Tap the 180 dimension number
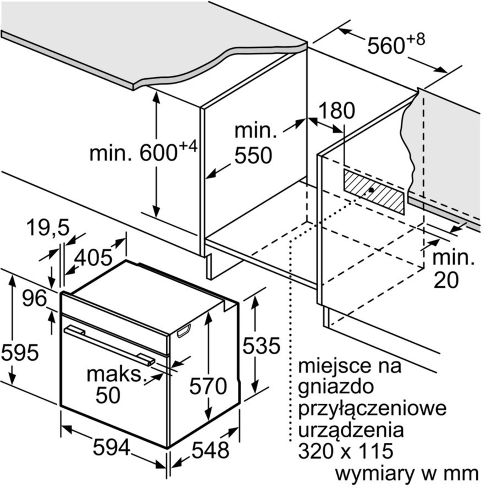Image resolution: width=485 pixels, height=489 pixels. point(336,111)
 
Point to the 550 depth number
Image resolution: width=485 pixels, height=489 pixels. point(253,155)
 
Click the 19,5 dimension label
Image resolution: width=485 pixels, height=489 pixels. point(48,227)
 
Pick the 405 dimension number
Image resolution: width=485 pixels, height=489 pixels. point(93,258)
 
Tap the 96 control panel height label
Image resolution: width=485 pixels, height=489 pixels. point(34,298)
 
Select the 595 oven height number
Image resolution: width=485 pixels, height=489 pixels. point(20,353)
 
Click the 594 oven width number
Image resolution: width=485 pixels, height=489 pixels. point(111,447)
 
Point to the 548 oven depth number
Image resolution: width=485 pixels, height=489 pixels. point(210,450)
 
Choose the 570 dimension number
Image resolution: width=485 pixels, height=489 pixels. point(208,386)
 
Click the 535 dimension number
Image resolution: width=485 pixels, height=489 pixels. point(261,345)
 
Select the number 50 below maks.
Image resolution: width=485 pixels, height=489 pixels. point(108,395)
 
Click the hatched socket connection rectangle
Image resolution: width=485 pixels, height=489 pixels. point(374,191)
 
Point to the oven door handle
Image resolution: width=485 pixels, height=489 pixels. point(109,344)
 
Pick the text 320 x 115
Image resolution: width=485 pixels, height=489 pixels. point(346,451)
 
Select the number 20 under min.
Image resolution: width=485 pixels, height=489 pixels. point(446,280)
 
